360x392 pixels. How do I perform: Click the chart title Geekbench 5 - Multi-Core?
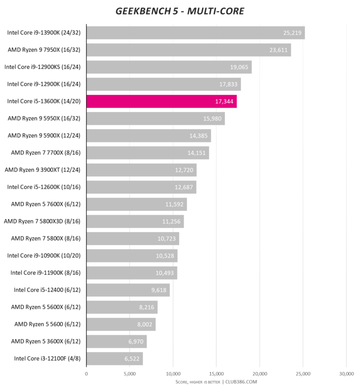180,11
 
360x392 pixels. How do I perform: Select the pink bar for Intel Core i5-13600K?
161,101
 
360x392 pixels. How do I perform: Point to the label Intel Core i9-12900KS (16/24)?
43,67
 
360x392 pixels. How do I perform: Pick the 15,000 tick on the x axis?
216,373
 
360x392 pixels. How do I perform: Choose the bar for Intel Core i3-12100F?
114,359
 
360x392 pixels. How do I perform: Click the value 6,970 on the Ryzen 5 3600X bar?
135,341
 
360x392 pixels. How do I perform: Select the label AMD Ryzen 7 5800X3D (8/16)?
42,221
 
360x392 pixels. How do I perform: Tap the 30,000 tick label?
346,373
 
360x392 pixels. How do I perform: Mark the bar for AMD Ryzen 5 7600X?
136,204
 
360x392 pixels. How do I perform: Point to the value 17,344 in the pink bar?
224,101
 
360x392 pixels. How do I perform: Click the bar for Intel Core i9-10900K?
132,256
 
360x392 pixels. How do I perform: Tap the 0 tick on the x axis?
86,373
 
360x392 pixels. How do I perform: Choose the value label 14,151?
197,153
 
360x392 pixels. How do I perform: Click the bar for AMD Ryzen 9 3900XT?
141,170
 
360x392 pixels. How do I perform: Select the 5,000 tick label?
130,373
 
